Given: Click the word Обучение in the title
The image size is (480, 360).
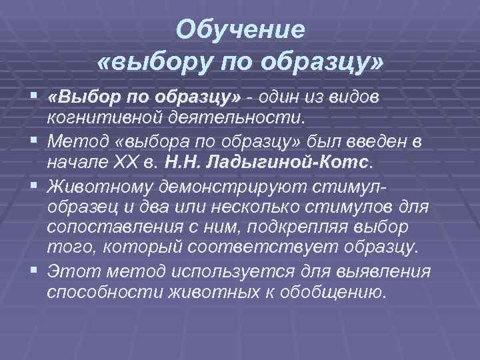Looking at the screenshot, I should (241, 29).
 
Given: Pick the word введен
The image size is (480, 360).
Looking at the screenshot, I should (391, 141).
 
